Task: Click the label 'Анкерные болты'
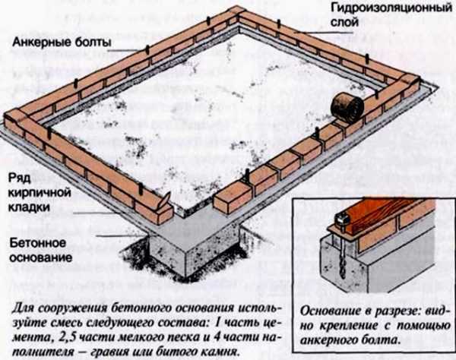tap(62, 43)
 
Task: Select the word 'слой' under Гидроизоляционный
tap(344, 22)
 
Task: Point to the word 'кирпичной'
tap(40, 193)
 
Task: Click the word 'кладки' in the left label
tap(29, 207)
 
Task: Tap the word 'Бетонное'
tap(38, 243)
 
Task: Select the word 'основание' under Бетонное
tap(40, 257)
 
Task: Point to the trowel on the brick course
tap(164, 201)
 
